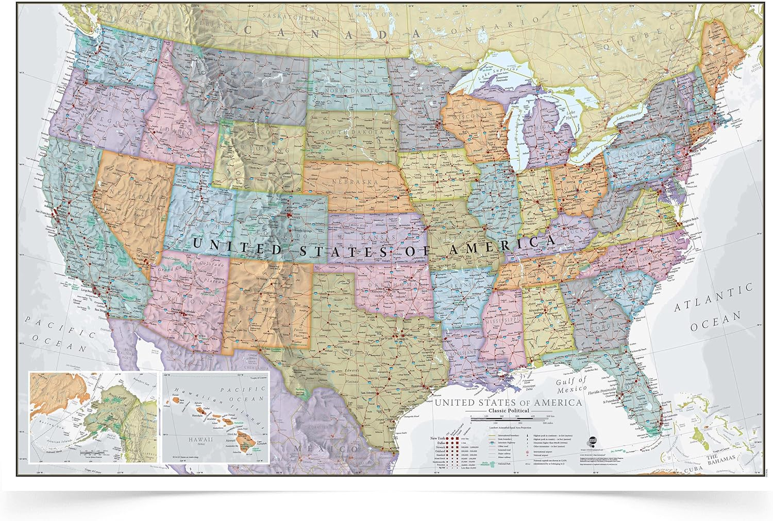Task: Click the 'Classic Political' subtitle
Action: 508,410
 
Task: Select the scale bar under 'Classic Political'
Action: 511,416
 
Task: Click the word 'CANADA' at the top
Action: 330,32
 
